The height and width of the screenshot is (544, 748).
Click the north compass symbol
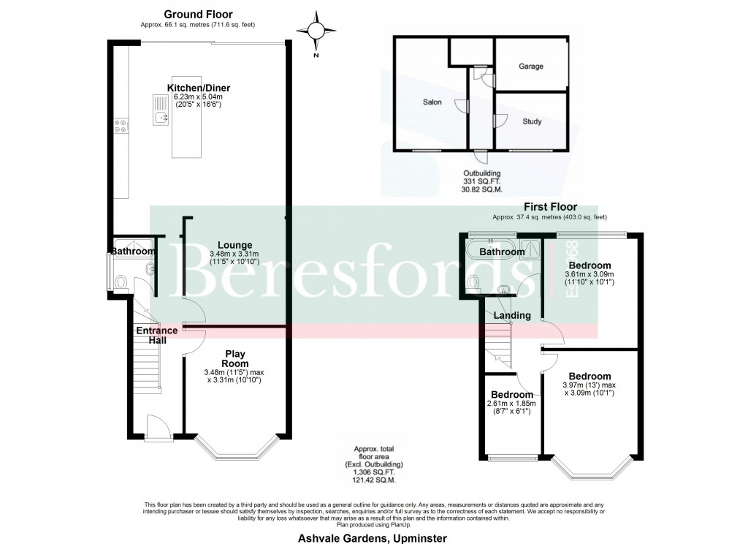(316, 31)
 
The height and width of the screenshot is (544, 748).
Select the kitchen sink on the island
(160, 109)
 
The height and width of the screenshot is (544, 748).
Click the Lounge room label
(236, 245)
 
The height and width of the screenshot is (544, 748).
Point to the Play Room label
(235, 358)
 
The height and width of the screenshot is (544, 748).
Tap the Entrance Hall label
(156, 335)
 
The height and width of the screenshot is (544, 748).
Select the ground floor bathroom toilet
(121, 282)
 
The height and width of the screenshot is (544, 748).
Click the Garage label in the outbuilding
(531, 67)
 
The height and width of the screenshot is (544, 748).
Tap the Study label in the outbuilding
(533, 121)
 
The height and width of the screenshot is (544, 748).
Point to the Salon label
(432, 102)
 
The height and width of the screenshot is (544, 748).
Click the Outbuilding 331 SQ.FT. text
(483, 181)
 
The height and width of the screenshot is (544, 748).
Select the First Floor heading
(549, 207)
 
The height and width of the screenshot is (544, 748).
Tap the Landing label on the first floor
(507, 316)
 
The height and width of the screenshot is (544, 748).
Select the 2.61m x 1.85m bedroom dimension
(511, 403)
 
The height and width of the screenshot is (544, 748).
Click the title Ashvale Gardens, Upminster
(373, 537)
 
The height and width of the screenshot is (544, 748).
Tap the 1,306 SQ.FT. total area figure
(374, 472)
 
